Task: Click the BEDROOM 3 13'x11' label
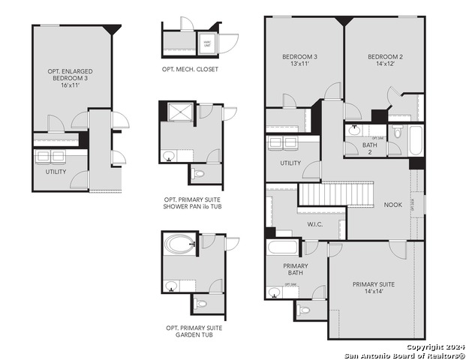coord(299,61)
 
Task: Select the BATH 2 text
coord(369,148)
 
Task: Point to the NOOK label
coord(393,205)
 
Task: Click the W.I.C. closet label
coord(315,223)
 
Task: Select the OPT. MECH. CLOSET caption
coord(190,69)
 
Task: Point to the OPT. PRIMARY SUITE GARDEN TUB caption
coord(194,331)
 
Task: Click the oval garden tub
coord(177,244)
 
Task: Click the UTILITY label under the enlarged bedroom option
coord(56,172)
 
